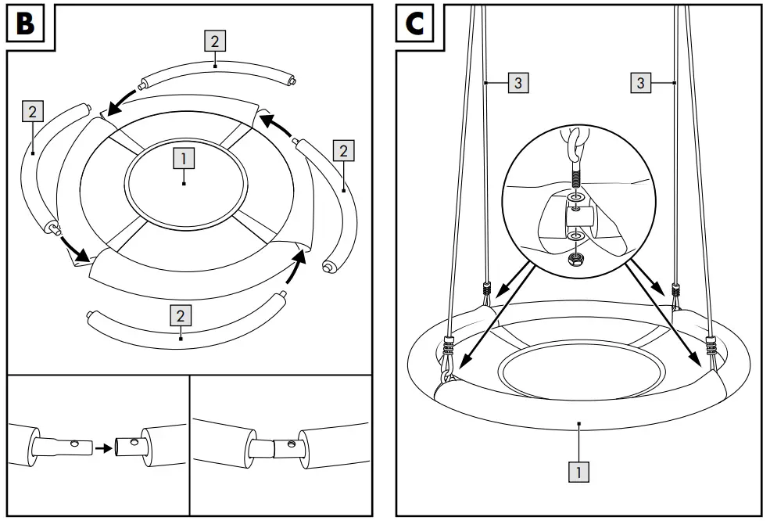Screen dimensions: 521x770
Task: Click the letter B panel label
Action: click(x=25, y=24)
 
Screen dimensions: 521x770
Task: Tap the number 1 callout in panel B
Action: click(x=183, y=159)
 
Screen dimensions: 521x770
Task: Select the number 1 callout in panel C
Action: click(x=578, y=472)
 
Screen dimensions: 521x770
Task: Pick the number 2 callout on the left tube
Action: click(x=31, y=112)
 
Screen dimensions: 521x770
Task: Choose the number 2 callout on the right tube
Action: click(x=342, y=149)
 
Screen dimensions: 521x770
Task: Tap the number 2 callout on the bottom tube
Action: click(x=181, y=315)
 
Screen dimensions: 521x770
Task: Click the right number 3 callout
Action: click(x=640, y=82)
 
